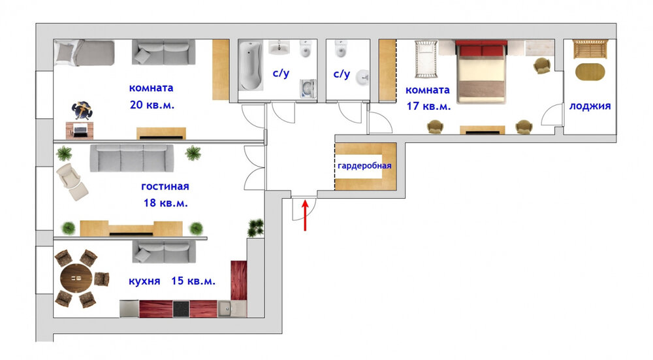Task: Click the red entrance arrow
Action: pyautogui.click(x=305, y=215)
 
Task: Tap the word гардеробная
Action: pyautogui.click(x=364, y=165)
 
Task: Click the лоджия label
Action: pyautogui.click(x=590, y=106)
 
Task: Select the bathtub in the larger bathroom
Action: pyautogui.click(x=251, y=65)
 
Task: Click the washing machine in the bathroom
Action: pyautogui.click(x=308, y=88)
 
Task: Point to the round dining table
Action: pyautogui.click(x=76, y=278)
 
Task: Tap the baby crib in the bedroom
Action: pyautogui.click(x=426, y=59)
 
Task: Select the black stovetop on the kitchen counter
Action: pyautogui.click(x=181, y=309)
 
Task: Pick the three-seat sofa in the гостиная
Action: pyautogui.click(x=132, y=158)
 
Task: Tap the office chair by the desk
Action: pyautogui.click(x=82, y=110)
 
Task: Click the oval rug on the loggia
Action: pyautogui.click(x=590, y=72)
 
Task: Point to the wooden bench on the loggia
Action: pyautogui.click(x=590, y=49)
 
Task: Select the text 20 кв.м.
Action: pyautogui.click(x=152, y=105)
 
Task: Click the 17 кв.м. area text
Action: pyautogui.click(x=428, y=106)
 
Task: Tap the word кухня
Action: pyautogui.click(x=144, y=281)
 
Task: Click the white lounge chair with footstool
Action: pyautogui.click(x=72, y=182)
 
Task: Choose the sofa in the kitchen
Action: pyautogui.click(x=164, y=252)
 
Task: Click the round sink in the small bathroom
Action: pyautogui.click(x=362, y=78)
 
